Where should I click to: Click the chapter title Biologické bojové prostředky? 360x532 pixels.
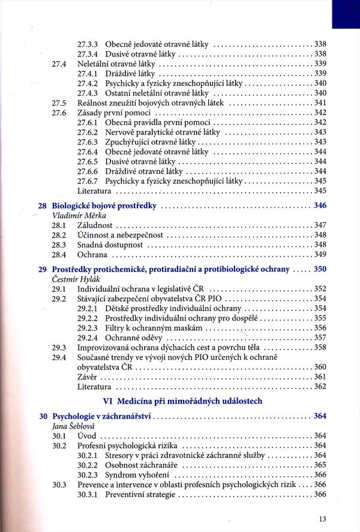tap(104, 205)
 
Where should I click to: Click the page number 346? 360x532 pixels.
tap(320, 205)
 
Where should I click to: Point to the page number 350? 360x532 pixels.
tap(320, 270)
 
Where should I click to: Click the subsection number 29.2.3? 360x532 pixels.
tap(88, 328)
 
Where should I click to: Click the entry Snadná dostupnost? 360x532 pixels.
tap(110, 244)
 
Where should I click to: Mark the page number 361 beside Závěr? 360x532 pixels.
tap(320, 376)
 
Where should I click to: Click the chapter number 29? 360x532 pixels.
tap(43, 270)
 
